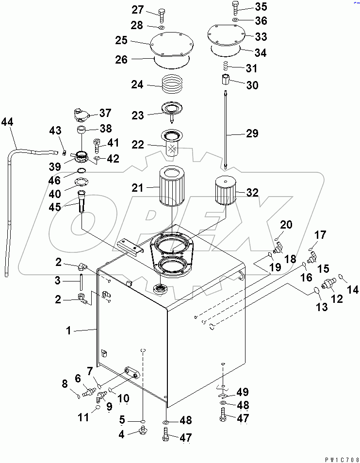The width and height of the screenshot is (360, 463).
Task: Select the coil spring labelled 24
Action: (173, 85)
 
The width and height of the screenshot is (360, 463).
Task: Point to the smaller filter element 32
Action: (225, 192)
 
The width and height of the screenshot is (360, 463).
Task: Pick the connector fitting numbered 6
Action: (88, 391)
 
